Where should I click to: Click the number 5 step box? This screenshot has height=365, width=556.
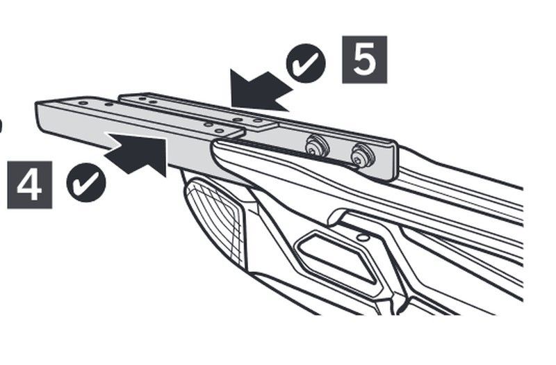pyautogui.click(x=364, y=60)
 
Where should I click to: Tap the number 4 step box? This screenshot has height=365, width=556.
pyautogui.click(x=30, y=185)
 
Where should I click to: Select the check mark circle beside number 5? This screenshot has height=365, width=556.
pyautogui.click(x=306, y=63)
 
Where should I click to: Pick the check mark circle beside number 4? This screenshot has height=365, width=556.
pyautogui.click(x=86, y=182)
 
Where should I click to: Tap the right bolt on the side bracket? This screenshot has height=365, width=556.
pyautogui.click(x=361, y=155)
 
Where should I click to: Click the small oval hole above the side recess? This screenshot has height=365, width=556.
pyautogui.click(x=362, y=237)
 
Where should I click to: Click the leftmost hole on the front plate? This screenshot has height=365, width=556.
pyautogui.click(x=83, y=103)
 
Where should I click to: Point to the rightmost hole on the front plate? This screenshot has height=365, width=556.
pyautogui.click(x=220, y=131)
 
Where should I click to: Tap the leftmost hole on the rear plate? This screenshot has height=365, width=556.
pyautogui.click(x=142, y=99)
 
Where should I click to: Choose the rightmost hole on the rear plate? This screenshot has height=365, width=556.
pyautogui.click(x=258, y=121)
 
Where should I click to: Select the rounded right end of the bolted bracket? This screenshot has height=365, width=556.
pyautogui.click(x=393, y=161)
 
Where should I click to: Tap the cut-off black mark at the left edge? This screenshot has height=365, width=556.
pyautogui.click(x=1, y=125)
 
